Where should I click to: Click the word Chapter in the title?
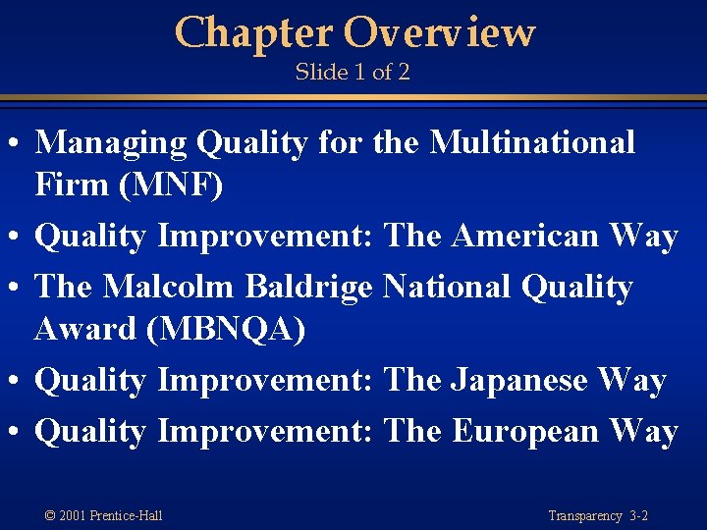(253, 33)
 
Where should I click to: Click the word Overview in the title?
(439, 33)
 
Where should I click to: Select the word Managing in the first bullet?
(111, 143)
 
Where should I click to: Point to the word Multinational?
(533, 143)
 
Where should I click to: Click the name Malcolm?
(169, 287)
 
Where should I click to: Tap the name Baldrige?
(308, 287)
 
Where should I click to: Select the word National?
(447, 287)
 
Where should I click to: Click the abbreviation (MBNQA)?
(225, 330)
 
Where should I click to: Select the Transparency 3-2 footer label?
(598, 515)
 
